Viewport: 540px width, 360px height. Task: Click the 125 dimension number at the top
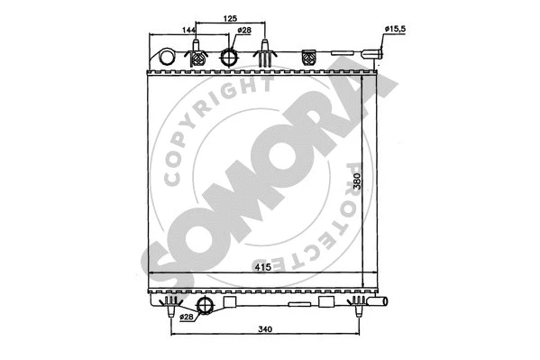[x=231, y=17]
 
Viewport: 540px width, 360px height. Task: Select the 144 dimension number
[x=188, y=31]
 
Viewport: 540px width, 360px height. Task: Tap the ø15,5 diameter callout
[x=396, y=30]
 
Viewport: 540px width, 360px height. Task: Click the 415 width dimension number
[x=258, y=268]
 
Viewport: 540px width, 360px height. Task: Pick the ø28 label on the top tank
[x=243, y=31]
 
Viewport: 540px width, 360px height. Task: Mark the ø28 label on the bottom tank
[x=187, y=317]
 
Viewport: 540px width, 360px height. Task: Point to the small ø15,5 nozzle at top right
[x=378, y=57]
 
